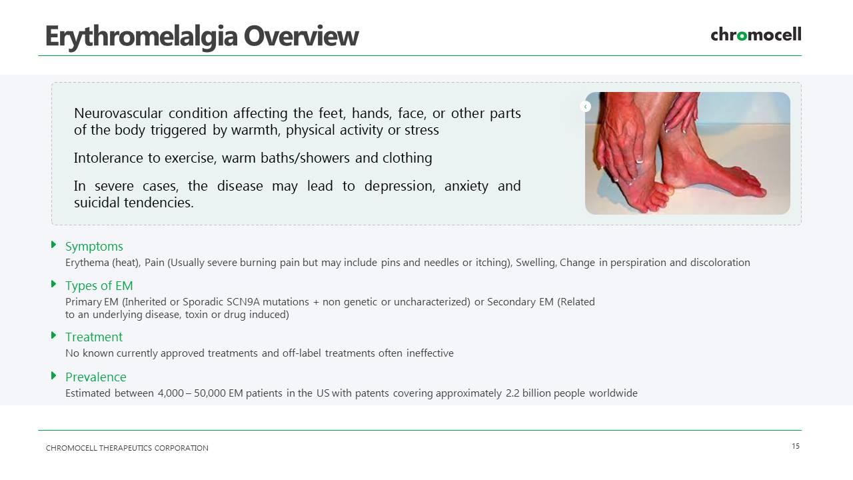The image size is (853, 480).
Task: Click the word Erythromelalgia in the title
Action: (141, 37)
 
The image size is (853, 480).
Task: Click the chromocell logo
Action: (756, 35)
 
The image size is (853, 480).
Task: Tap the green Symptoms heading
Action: (94, 247)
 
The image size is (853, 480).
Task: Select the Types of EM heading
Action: (99, 286)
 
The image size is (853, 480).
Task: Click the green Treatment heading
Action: (94, 337)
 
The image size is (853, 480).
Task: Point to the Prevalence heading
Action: (95, 377)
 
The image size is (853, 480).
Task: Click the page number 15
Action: (796, 446)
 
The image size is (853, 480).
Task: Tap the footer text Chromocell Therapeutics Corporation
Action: (127, 448)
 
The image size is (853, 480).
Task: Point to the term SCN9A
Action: (243, 302)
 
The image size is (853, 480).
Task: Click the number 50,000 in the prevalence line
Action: (210, 393)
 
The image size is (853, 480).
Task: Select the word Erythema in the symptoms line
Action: (87, 263)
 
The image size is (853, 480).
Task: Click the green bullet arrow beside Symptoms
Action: (54, 245)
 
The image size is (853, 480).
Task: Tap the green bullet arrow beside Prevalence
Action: (54, 375)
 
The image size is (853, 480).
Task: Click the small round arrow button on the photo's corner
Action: (585, 106)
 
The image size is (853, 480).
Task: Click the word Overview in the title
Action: (301, 37)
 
